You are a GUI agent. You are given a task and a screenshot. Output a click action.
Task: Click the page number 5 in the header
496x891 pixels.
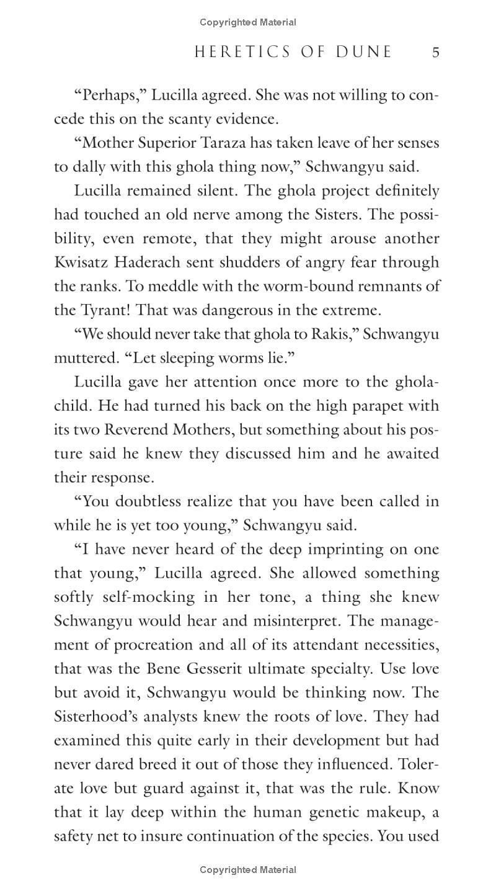[x=435, y=52]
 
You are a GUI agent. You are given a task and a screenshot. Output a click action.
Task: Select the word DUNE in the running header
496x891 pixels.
[x=365, y=52]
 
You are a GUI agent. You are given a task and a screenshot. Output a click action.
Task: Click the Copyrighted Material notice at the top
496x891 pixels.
[x=248, y=22]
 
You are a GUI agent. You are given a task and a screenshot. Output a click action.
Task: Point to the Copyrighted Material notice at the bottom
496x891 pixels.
[x=248, y=870]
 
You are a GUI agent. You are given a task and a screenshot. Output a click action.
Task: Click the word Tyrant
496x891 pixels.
[x=103, y=310]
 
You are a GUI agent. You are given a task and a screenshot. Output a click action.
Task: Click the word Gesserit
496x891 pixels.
[x=208, y=669]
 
